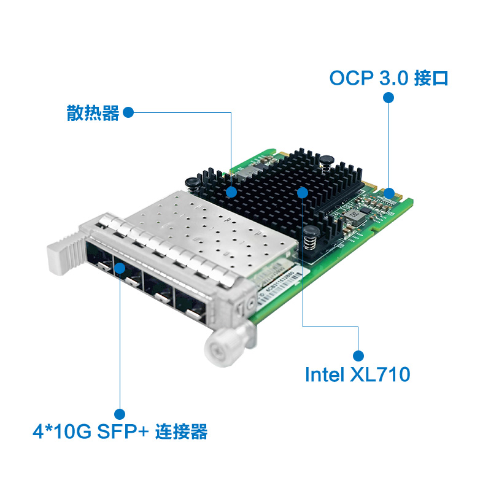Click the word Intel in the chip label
pyautogui.click(x=325, y=374)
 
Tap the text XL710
pyautogui.click(x=379, y=374)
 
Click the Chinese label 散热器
pyautogui.click(x=93, y=113)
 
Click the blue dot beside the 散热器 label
pyautogui.click(x=128, y=113)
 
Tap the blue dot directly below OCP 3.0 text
pyautogui.click(x=388, y=98)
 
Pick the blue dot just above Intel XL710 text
pyautogui.click(x=358, y=355)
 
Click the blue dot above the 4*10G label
pyautogui.click(x=120, y=414)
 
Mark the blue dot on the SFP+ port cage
pyautogui.click(x=120, y=268)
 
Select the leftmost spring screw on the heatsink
pyautogui.click(x=191, y=182)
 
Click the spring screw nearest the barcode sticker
pyautogui.click(x=311, y=236)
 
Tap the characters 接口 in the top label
pyautogui.click(x=432, y=78)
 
